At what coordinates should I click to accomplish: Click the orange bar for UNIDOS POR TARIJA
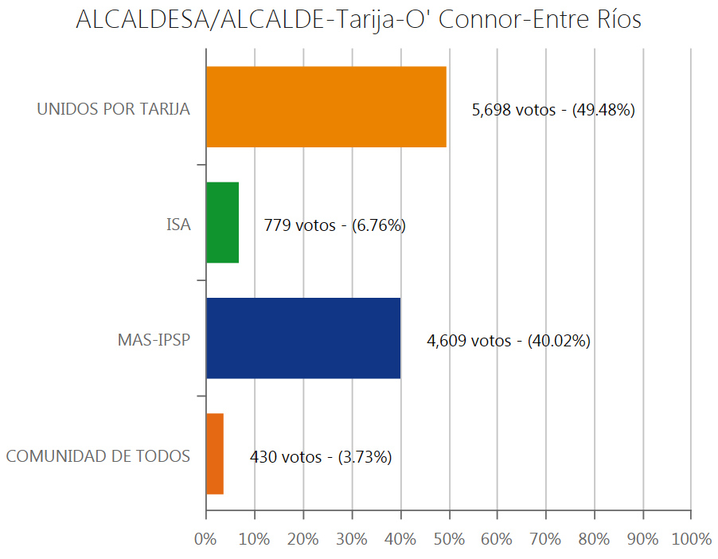[326, 107]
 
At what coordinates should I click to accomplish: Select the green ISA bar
[222, 223]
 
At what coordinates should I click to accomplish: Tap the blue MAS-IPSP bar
[303, 338]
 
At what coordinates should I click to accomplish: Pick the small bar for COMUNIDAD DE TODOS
[215, 454]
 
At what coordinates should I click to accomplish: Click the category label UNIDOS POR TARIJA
[114, 110]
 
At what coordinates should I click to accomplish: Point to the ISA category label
[178, 225]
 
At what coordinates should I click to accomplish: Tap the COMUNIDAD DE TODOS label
[98, 457]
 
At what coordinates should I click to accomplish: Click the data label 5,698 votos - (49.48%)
[553, 111]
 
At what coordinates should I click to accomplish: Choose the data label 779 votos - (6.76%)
[335, 226]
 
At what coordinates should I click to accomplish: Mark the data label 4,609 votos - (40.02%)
[509, 342]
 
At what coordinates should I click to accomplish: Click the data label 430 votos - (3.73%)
[321, 457]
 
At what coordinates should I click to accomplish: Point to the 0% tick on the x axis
[205, 539]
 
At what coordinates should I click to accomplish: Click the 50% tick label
[449, 539]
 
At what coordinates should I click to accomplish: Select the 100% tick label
[691, 539]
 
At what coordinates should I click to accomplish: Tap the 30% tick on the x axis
[352, 539]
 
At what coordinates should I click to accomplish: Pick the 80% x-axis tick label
[594, 539]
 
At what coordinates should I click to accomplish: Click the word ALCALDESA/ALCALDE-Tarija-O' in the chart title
[254, 21]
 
